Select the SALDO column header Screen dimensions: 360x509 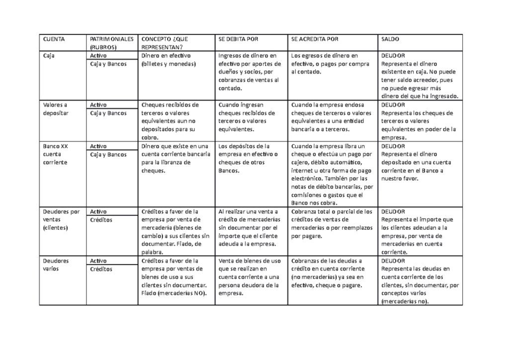point(390,39)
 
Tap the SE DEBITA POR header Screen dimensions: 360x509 point(238,39)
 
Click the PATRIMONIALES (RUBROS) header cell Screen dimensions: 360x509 point(112,43)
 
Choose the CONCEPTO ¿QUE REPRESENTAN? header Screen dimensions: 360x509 point(165,43)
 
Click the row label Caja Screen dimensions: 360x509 point(49,56)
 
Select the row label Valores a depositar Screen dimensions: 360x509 point(55,109)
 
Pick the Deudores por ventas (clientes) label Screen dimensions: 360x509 point(61,219)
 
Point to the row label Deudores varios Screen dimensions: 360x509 point(56,265)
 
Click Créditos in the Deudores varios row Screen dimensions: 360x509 point(101,269)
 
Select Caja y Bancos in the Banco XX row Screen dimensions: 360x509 point(108,155)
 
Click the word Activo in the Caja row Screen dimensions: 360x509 point(98,56)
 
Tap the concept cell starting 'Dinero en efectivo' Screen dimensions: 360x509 point(169,60)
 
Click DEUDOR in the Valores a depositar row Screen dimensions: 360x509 point(393,105)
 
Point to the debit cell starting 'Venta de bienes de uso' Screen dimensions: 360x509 point(249,277)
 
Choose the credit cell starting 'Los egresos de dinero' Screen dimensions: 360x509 point(329,64)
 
